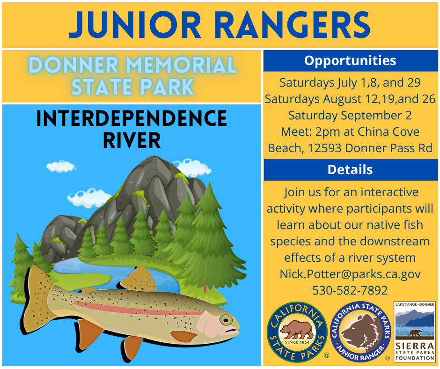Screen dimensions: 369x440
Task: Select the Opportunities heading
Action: tap(350, 60)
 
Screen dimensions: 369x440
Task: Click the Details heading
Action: tap(350, 170)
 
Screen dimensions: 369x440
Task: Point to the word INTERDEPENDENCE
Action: tap(132, 119)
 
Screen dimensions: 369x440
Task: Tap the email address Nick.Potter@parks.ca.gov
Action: tap(350, 274)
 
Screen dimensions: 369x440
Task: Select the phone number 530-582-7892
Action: tap(350, 290)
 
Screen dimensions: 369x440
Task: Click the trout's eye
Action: tap(226, 320)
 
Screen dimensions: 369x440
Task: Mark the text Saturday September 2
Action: tap(350, 115)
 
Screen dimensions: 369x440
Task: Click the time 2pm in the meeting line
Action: tap(325, 132)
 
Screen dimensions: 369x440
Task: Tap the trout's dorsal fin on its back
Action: tap(139, 279)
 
